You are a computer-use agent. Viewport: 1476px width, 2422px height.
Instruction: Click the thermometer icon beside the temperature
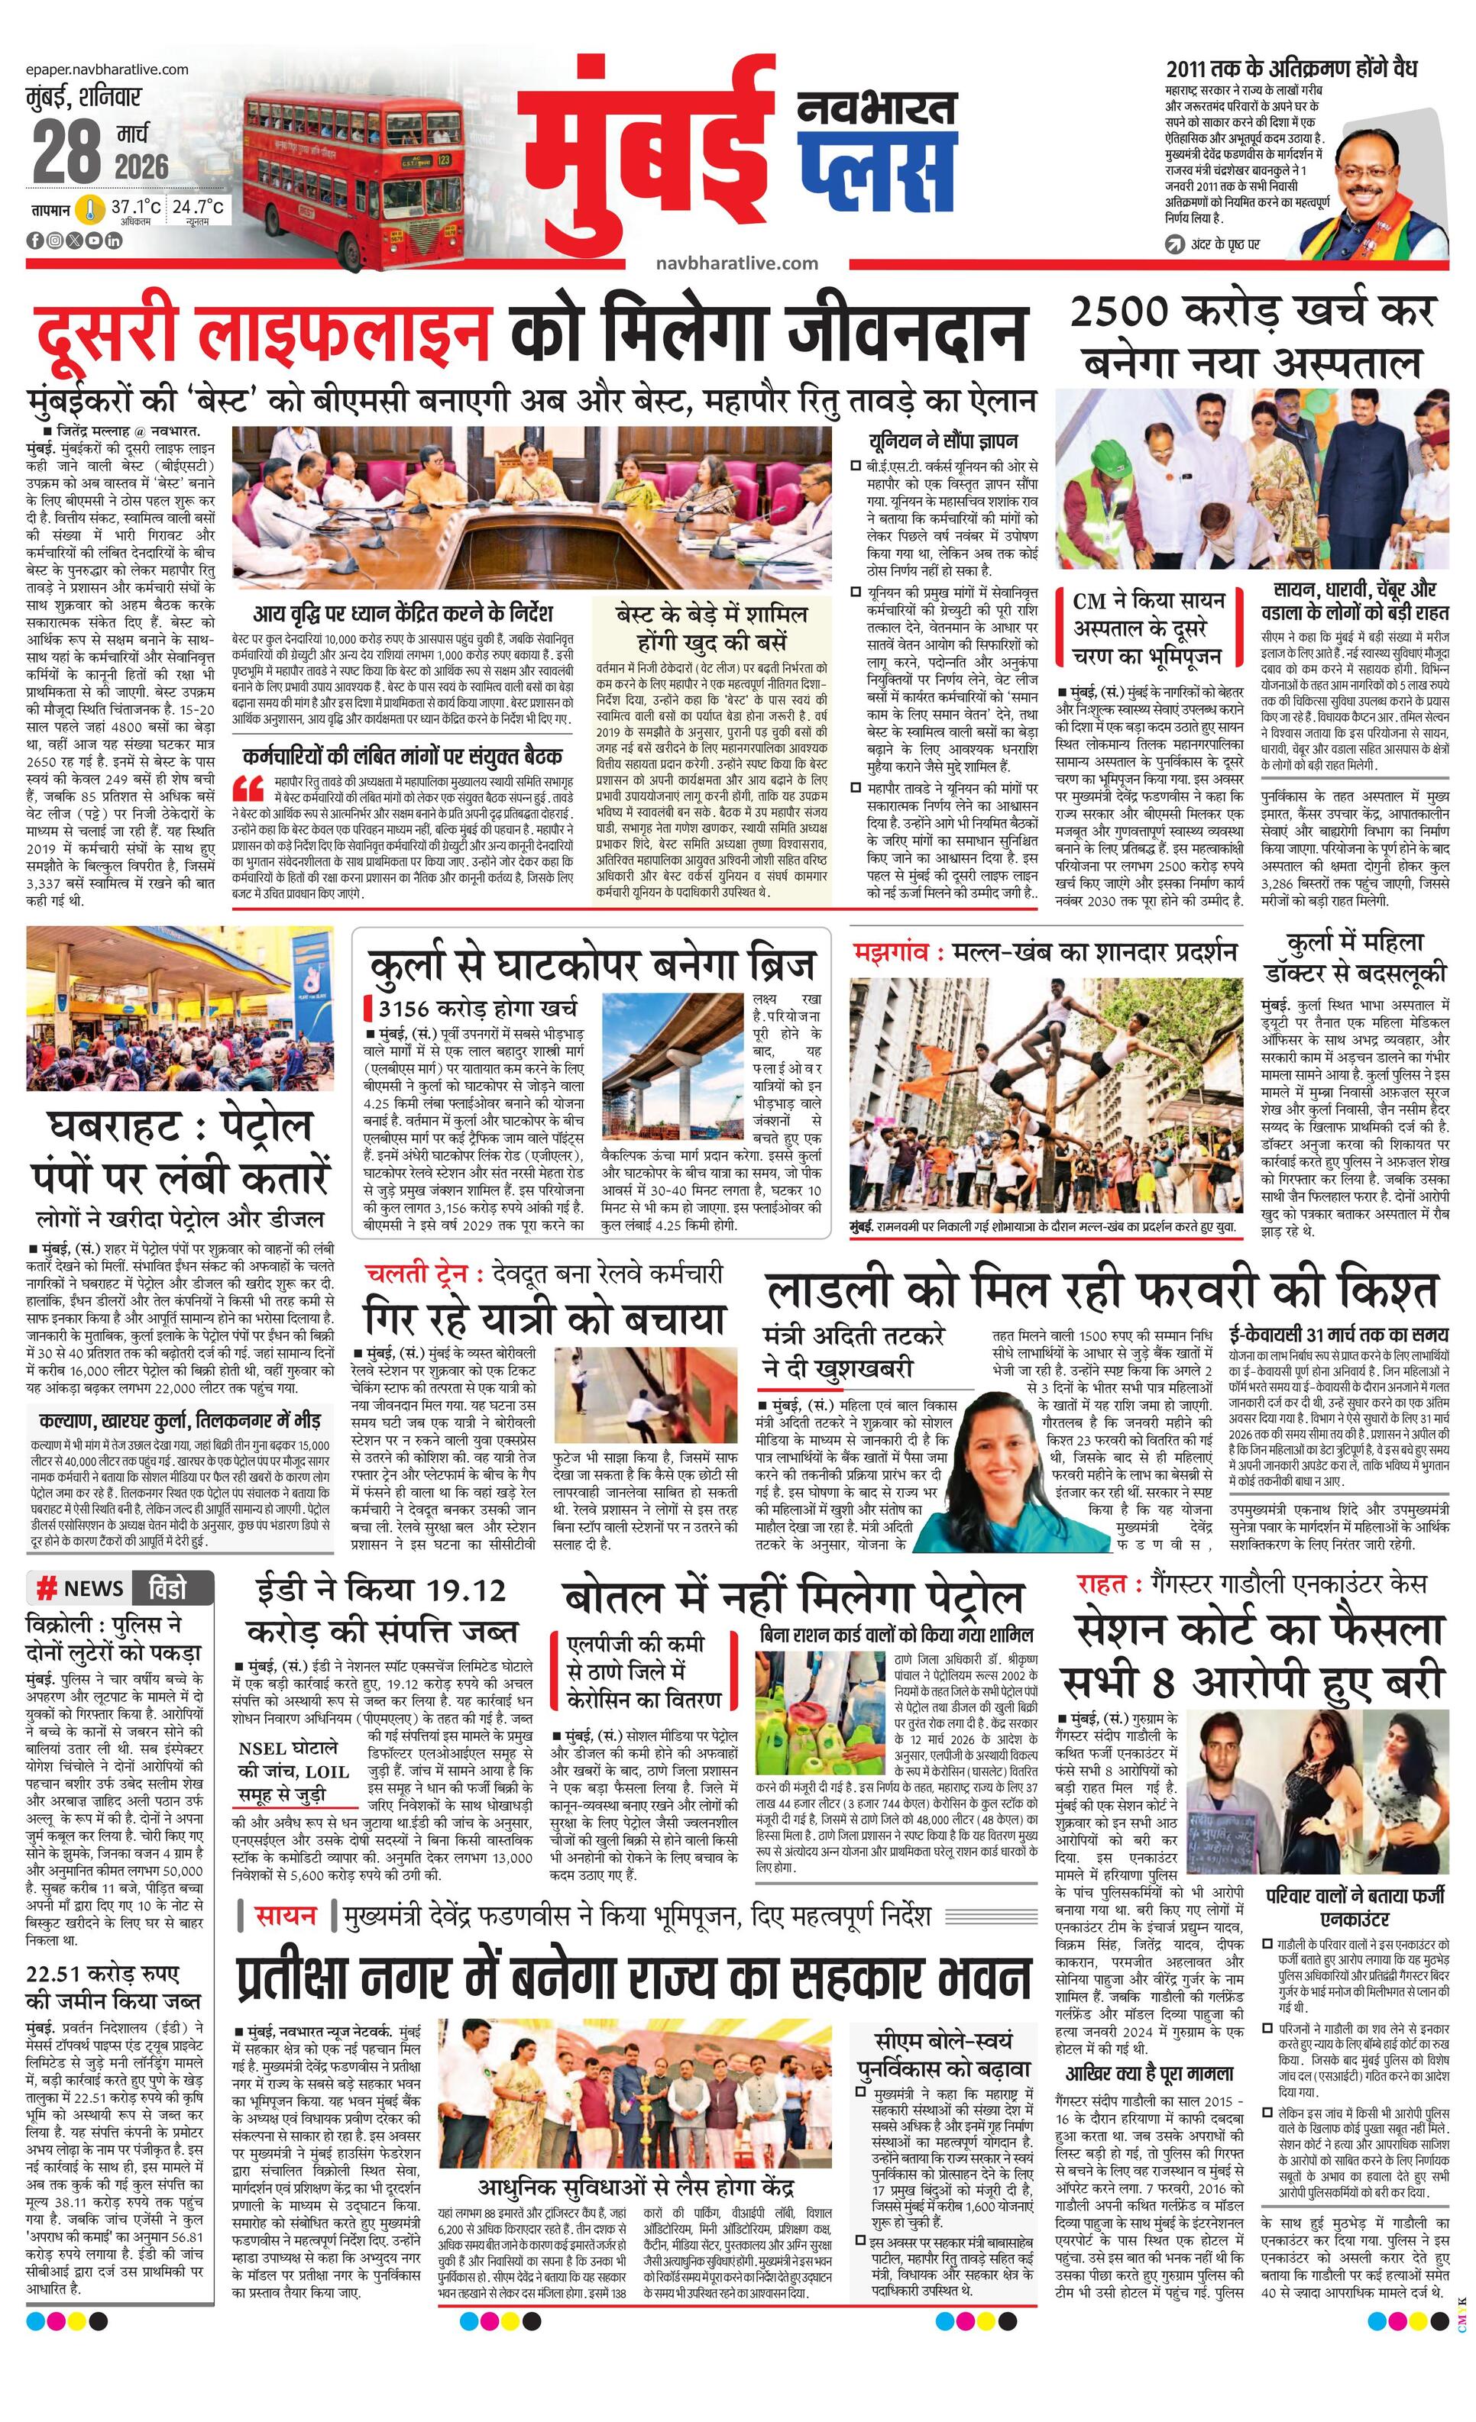(92, 209)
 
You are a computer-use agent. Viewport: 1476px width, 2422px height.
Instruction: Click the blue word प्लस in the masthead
(876, 171)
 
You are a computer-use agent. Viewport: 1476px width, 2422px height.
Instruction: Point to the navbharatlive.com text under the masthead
(736, 263)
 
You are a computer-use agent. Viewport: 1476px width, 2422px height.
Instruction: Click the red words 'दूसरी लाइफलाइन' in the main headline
(261, 331)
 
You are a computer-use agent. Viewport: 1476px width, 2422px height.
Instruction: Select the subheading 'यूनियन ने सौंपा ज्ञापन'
(943, 441)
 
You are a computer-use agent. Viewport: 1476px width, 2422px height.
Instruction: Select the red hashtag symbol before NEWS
(45, 1587)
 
